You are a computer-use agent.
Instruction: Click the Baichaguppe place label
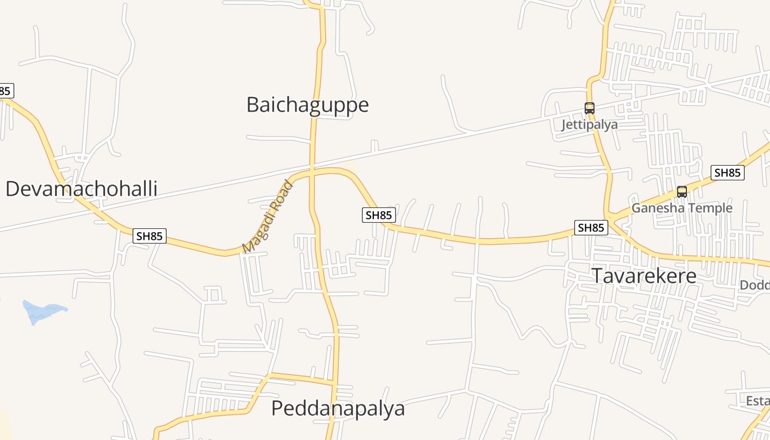click(x=307, y=105)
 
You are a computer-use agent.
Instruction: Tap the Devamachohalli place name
click(x=81, y=189)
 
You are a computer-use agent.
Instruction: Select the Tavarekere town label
click(x=644, y=276)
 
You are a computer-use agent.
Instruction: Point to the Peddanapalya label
click(x=338, y=409)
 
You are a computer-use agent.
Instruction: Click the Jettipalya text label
click(x=589, y=124)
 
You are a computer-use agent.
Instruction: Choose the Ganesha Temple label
click(x=681, y=208)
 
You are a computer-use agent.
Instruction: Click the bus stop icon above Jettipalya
click(x=590, y=108)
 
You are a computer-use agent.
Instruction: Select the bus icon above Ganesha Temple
click(x=682, y=192)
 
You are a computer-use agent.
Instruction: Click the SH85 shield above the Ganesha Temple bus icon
click(x=727, y=173)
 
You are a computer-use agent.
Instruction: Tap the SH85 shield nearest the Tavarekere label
click(x=591, y=228)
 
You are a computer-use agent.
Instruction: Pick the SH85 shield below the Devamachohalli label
click(x=150, y=236)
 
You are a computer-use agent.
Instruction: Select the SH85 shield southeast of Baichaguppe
click(x=378, y=215)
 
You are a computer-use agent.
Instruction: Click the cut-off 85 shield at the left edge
click(x=5, y=91)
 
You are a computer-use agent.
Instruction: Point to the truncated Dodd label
click(x=755, y=285)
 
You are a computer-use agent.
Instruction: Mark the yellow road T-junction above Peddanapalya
click(x=334, y=381)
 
